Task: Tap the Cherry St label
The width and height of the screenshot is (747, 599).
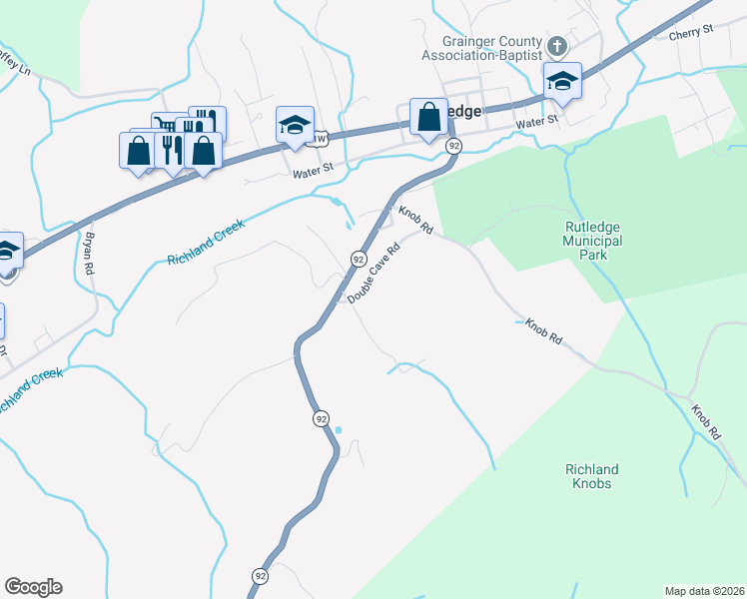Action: point(692,31)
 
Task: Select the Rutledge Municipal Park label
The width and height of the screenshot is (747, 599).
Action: point(592,241)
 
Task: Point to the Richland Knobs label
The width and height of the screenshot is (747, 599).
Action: point(592,476)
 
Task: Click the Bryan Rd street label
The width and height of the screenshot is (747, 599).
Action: point(89,254)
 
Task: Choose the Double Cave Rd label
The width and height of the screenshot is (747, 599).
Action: point(375,272)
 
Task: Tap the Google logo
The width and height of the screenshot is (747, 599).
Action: point(33,587)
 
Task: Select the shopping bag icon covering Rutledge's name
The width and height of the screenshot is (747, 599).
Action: point(428,117)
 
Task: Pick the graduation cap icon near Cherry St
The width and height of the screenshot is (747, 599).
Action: point(562,83)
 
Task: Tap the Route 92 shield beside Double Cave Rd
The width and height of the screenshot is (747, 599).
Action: point(358,259)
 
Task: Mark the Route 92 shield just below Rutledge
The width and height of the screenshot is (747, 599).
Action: point(454,146)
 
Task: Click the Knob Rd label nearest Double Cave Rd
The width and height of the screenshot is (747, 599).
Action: point(415,221)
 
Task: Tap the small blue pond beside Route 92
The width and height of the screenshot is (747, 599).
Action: point(338,430)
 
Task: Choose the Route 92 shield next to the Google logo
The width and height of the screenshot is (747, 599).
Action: point(260,576)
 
